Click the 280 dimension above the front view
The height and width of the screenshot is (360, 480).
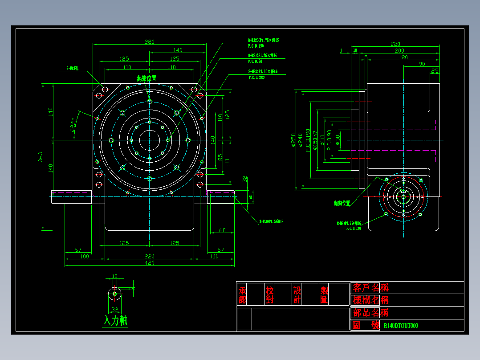[x=149, y=41]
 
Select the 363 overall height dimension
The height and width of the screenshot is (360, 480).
[x=41, y=157]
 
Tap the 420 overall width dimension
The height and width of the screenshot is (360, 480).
[x=149, y=263]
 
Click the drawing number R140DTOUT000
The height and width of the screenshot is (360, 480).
[x=401, y=326]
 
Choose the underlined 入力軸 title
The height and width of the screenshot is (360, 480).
[x=115, y=321]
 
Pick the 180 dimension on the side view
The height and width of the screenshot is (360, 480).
[x=403, y=57]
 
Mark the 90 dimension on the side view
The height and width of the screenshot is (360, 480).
[x=422, y=64]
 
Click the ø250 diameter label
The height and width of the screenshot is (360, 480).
[x=293, y=140]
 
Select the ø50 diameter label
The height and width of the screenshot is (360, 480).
[x=338, y=140]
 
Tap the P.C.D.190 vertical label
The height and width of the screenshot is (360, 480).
[x=308, y=140]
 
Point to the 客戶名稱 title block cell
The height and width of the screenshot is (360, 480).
[x=370, y=287]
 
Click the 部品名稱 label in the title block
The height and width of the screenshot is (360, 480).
[x=370, y=312]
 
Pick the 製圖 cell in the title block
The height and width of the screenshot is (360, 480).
[x=324, y=295]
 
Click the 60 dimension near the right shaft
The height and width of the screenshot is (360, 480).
[x=222, y=230]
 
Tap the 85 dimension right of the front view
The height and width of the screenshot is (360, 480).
[x=220, y=157]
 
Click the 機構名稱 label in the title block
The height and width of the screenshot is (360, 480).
[x=370, y=300]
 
